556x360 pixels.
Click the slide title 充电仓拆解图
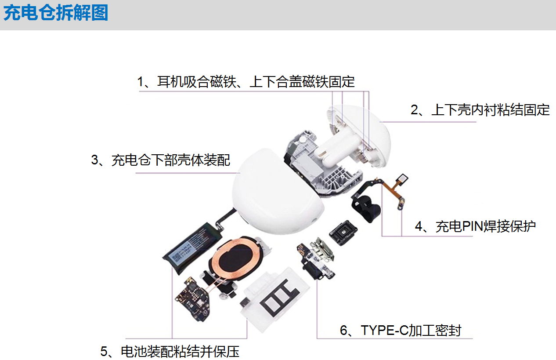point(56,13)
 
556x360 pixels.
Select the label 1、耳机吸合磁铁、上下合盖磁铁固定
point(246,82)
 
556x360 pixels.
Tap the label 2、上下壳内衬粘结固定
point(480,110)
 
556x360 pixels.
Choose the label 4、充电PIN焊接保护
point(475,226)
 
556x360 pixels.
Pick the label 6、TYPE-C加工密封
point(401,330)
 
